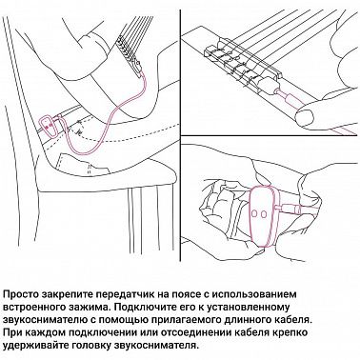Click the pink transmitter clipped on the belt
click(49, 123)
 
